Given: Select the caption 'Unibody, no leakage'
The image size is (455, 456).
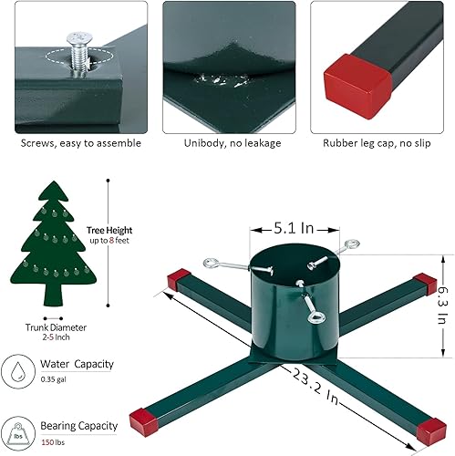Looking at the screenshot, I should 227,142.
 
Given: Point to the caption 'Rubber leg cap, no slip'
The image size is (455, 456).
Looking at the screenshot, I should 377,142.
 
